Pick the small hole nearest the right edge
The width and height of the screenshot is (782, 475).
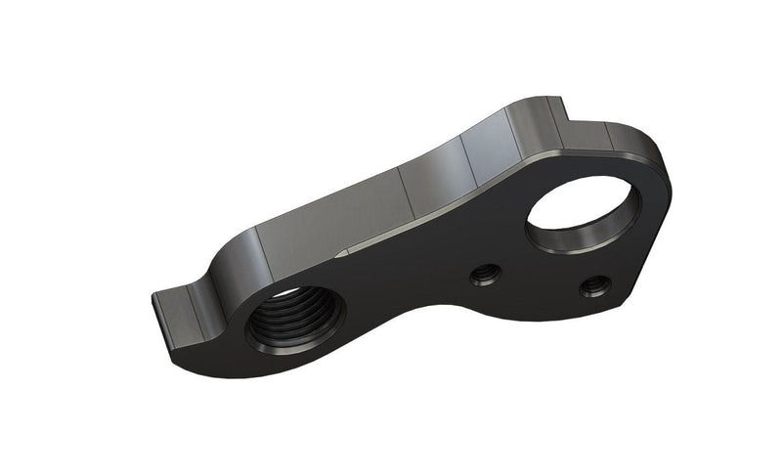tap(594, 286)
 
